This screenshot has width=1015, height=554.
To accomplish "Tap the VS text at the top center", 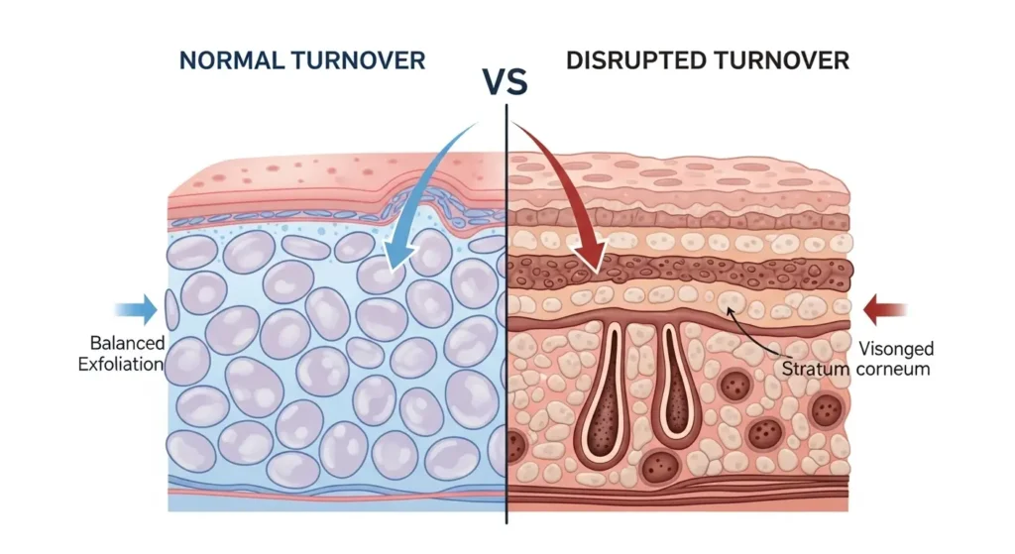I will coord(507,82).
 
